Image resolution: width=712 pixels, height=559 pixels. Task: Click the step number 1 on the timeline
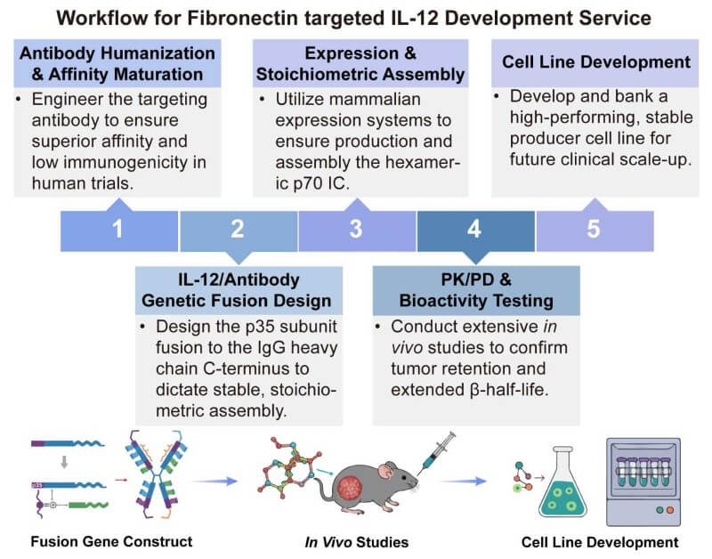click(x=117, y=229)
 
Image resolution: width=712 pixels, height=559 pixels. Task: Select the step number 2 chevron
click(x=237, y=229)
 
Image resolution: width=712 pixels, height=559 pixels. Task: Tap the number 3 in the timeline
click(x=356, y=229)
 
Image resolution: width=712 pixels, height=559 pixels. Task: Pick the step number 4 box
click(x=474, y=229)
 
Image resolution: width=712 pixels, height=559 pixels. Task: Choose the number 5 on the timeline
click(x=594, y=229)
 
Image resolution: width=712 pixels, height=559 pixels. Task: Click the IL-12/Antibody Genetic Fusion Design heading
click(x=238, y=288)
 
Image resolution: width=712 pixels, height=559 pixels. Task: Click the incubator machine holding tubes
click(x=643, y=481)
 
